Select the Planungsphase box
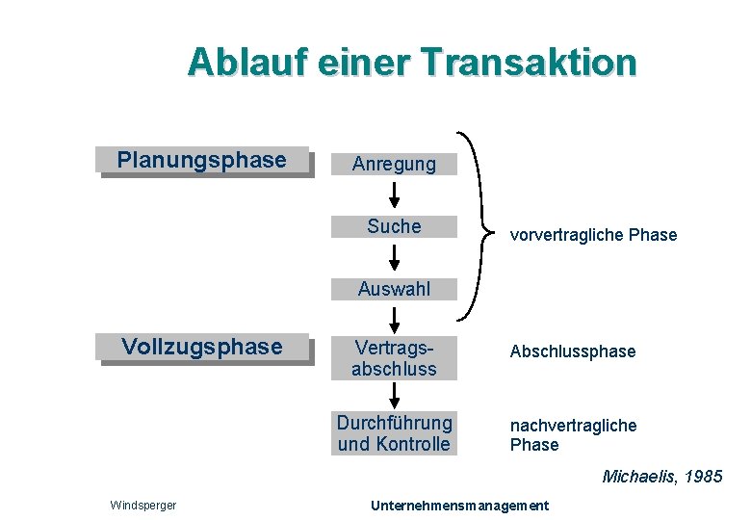pos(202,160)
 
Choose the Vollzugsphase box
pos(202,347)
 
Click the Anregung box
pos(394,165)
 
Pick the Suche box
pos(394,226)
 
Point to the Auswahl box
pos(394,289)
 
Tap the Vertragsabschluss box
pos(394,358)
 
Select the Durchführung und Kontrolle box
pos(394,433)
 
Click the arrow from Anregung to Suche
pos(394,195)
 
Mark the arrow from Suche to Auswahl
pos(394,258)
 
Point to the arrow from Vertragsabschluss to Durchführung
pos(394,395)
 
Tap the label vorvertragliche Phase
pos(593,235)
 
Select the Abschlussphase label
pos(573,351)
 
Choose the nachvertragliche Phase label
pos(573,434)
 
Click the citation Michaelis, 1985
pos(661,476)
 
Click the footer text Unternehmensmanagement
pos(459,506)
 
